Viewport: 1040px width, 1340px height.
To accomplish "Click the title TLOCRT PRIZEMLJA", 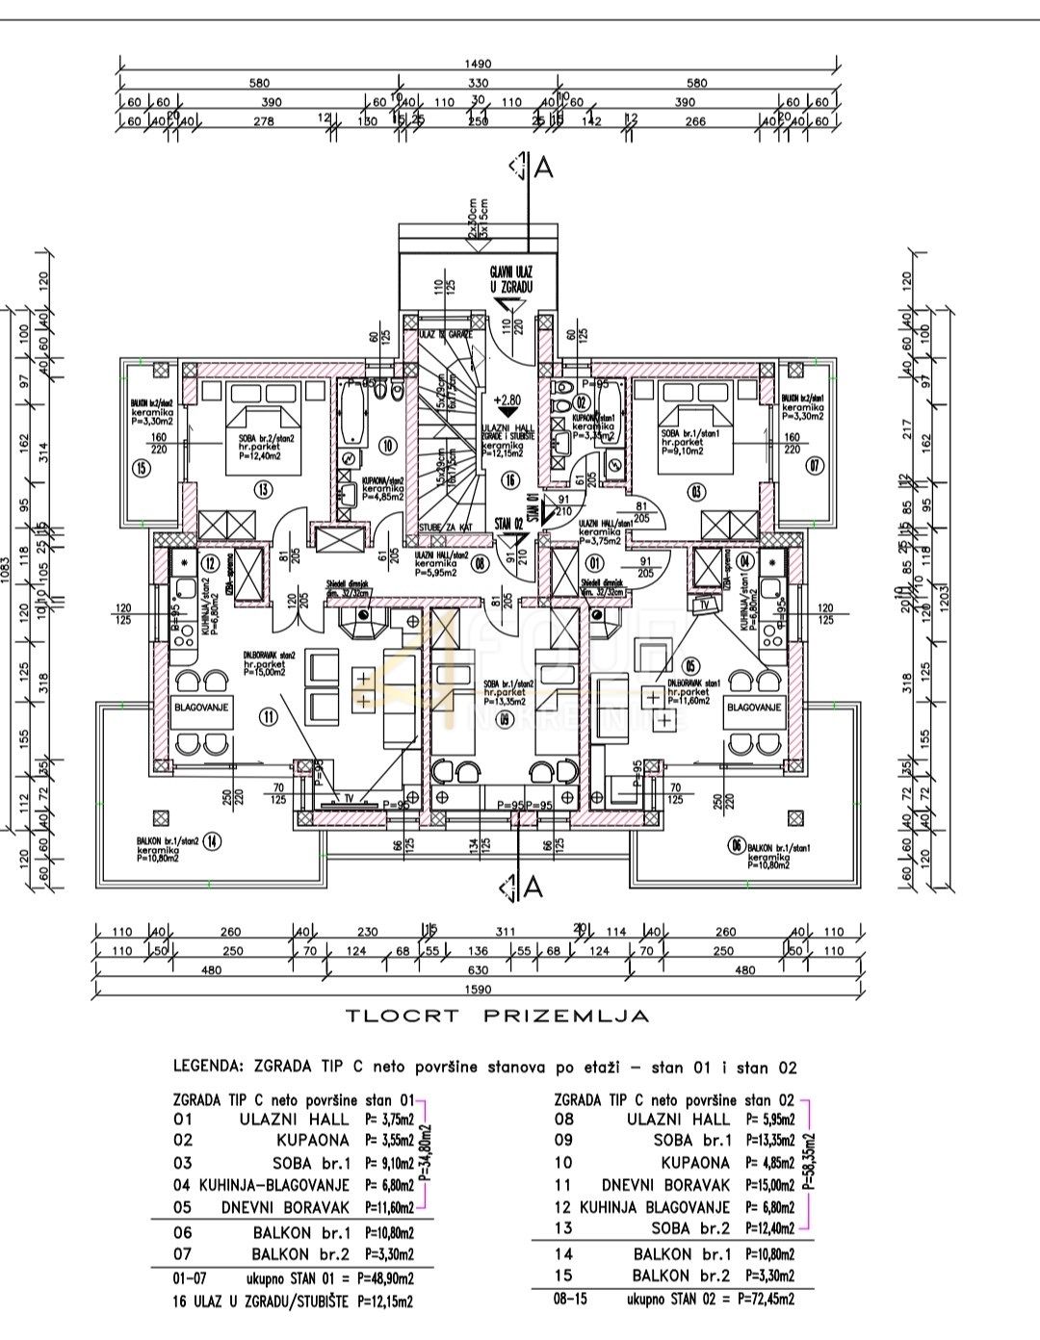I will point(497,1015).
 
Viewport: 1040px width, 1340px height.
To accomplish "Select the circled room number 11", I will point(268,714).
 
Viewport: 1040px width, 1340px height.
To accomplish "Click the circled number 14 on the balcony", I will point(213,841).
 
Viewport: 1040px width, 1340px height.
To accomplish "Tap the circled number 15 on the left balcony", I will point(142,470).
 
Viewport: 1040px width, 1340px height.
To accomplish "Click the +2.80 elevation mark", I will point(510,398).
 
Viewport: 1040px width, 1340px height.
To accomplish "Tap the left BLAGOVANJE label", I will point(199,708).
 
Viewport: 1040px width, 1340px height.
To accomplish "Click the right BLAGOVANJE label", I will point(754,708).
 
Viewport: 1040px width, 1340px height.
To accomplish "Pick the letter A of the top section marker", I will point(543,167).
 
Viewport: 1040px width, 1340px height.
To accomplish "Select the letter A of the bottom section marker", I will point(533,888).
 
